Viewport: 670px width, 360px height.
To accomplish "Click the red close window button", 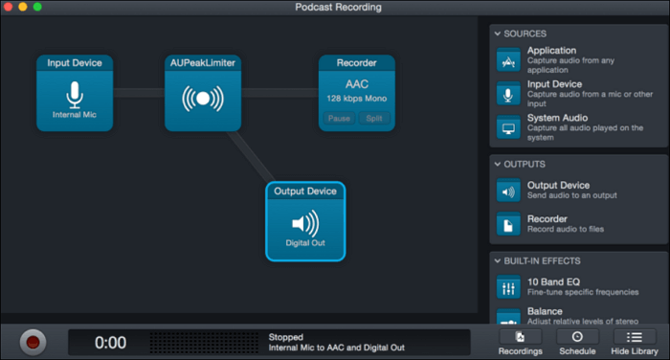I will coord(9,7).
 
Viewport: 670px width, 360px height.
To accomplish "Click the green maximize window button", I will coord(37,7).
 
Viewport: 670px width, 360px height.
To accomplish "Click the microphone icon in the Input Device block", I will coord(75,94).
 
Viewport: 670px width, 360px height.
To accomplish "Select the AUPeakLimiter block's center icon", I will coord(202,101).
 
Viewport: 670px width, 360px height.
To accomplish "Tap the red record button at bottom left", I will coord(34,341).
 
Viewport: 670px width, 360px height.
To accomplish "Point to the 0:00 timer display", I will coord(110,343).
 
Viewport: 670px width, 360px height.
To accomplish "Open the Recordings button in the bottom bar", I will coord(520,343).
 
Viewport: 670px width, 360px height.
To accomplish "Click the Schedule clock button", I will coord(577,343).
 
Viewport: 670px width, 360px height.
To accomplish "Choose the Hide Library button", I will coord(634,343).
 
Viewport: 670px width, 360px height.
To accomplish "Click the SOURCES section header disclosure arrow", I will coord(498,34).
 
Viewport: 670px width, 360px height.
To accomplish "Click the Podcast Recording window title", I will coord(338,8).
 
